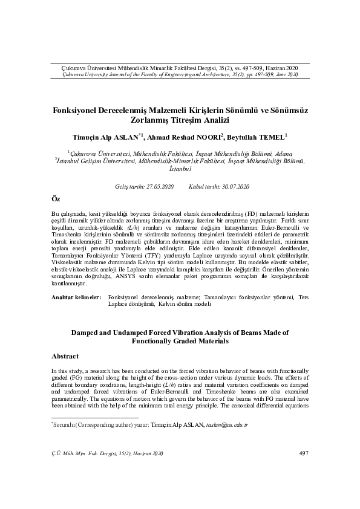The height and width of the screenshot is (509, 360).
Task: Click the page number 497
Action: (304, 453)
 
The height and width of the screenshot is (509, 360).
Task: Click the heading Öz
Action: (56, 199)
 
